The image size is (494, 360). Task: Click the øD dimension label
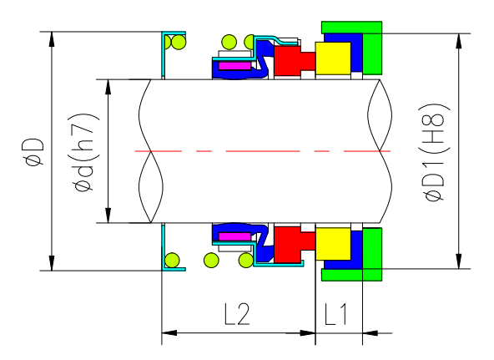[33, 152]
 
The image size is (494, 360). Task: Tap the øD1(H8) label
[436, 152]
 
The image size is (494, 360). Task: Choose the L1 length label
[338, 314]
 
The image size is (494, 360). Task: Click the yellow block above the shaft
[334, 58]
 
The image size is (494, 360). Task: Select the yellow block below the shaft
[334, 243]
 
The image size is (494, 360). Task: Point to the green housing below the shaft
[367, 255]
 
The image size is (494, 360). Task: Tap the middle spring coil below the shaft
[210, 261]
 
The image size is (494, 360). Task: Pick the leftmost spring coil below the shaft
[174, 261]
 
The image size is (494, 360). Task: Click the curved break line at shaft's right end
[380, 151]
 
